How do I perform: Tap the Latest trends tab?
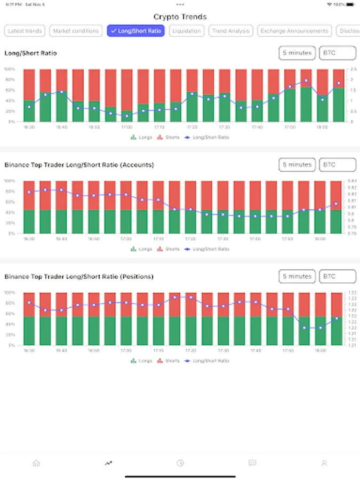tap(25, 31)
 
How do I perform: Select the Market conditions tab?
tap(76, 31)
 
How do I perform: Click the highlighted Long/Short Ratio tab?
tap(136, 31)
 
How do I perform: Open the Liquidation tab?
tap(187, 31)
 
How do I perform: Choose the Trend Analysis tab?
tap(230, 31)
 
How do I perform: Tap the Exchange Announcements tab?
tap(294, 31)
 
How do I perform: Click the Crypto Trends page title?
tap(180, 17)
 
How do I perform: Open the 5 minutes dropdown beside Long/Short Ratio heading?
tap(297, 53)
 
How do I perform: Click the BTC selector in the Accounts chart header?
tap(337, 165)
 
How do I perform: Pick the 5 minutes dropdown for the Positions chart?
tap(297, 276)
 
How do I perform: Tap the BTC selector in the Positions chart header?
tap(337, 276)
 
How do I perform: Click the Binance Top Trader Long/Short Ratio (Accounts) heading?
tap(79, 165)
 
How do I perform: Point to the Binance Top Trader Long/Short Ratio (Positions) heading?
tap(79, 276)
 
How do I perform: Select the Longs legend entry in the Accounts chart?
tap(141, 249)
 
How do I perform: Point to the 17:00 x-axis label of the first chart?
tap(126, 127)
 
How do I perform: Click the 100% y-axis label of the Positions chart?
tap(10, 292)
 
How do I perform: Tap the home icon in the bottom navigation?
tap(36, 463)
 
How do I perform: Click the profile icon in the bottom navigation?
tap(324, 463)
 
